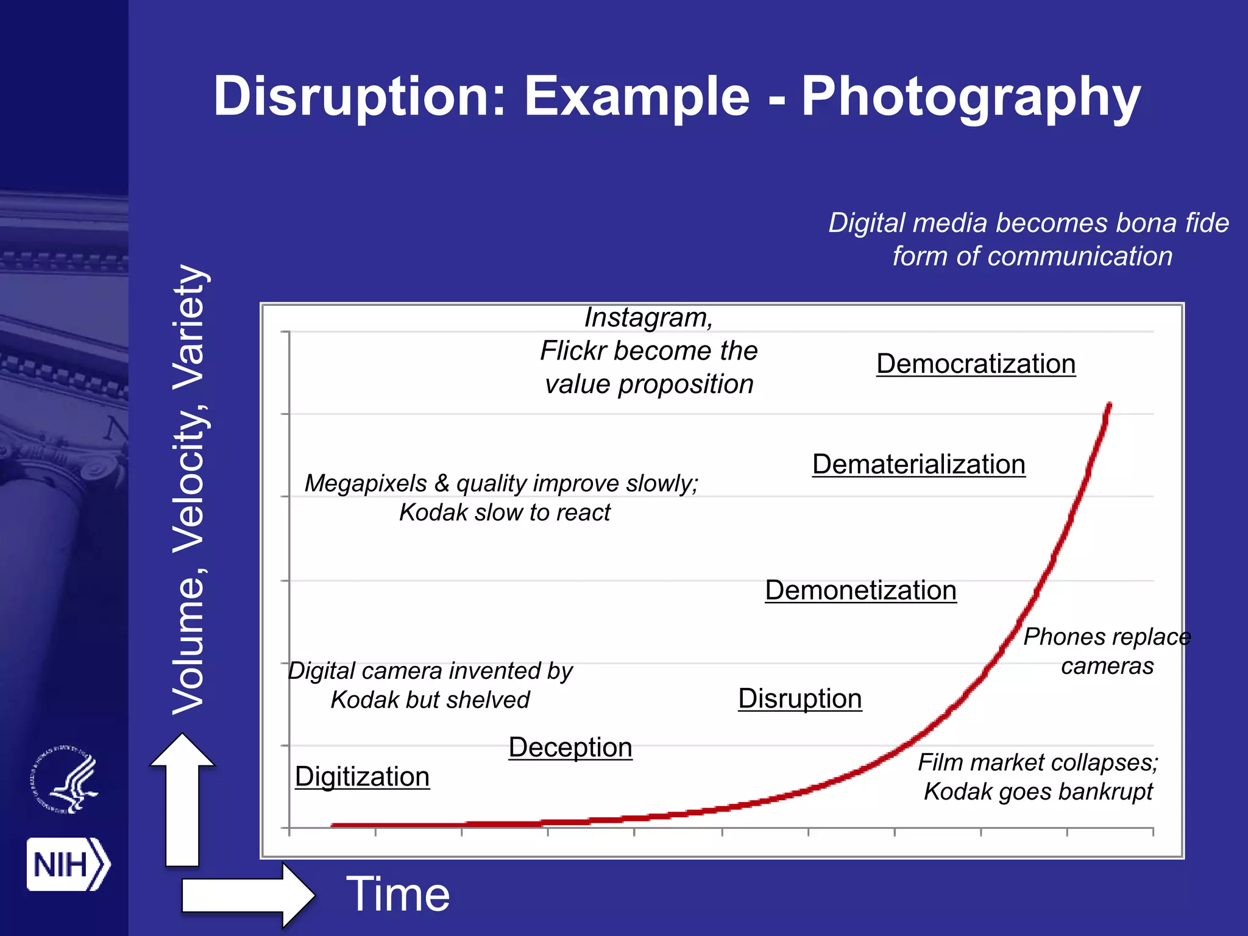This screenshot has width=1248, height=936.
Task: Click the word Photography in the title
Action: click(970, 97)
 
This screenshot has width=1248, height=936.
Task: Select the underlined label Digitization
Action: click(362, 776)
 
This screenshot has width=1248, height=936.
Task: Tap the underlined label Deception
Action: click(570, 747)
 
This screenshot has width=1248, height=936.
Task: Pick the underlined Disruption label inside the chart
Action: click(799, 698)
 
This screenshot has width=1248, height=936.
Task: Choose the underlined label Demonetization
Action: click(860, 590)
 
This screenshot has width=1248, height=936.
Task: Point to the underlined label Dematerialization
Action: click(918, 464)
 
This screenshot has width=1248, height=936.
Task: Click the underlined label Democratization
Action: click(976, 364)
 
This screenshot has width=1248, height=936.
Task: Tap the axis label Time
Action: click(398, 894)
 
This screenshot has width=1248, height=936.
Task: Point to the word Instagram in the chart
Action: click(648, 317)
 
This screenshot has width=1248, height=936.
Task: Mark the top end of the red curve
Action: click(1109, 405)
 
